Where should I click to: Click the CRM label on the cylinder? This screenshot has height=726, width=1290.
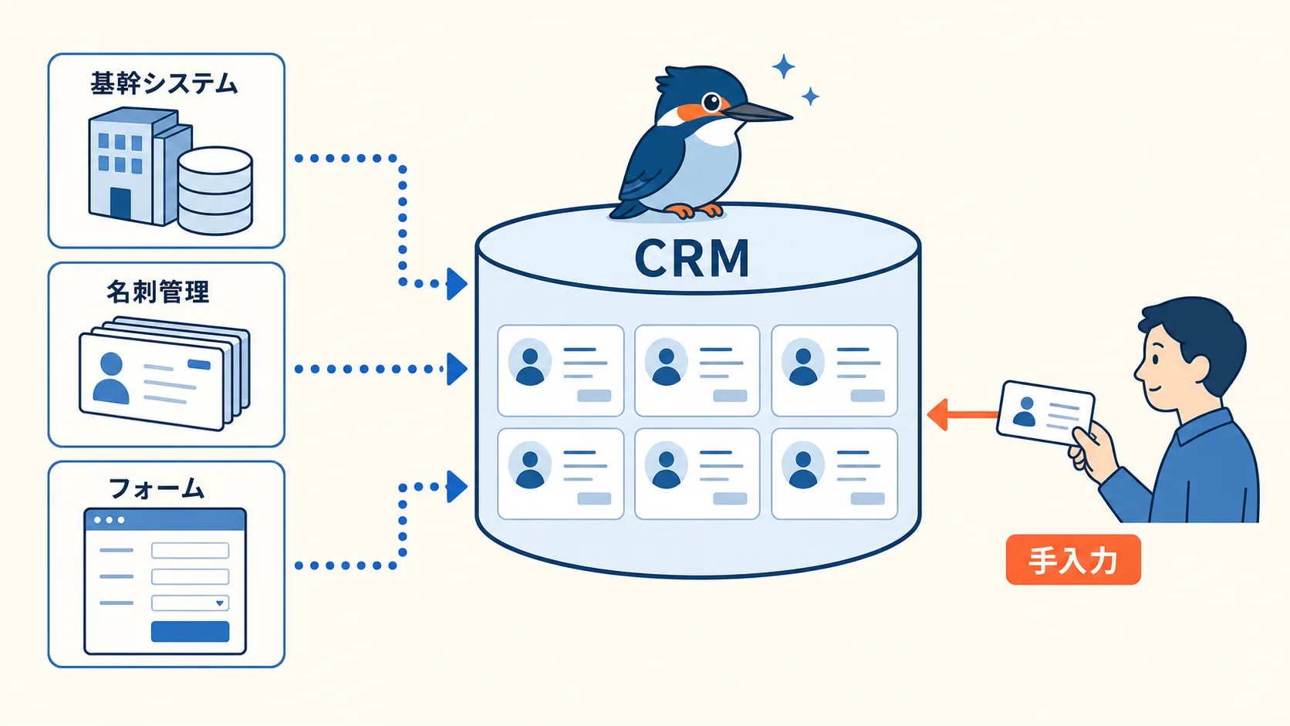(x=691, y=258)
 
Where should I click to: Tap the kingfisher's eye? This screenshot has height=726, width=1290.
(x=712, y=103)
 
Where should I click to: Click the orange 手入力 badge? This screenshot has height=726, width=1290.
(x=1073, y=559)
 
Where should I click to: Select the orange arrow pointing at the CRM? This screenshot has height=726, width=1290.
(x=962, y=414)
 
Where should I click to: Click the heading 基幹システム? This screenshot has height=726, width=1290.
(x=164, y=83)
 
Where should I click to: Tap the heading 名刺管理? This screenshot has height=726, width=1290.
(x=158, y=292)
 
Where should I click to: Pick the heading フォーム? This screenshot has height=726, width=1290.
(x=157, y=488)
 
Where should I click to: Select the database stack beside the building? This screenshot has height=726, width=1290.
(x=214, y=191)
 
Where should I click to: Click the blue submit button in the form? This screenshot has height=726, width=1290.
(x=190, y=632)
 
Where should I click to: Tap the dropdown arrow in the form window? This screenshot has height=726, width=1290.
(x=219, y=603)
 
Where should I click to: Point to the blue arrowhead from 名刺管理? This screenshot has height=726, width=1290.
(x=457, y=369)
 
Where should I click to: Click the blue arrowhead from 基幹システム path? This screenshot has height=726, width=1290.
(x=457, y=284)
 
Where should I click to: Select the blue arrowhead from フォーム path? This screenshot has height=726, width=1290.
(x=457, y=487)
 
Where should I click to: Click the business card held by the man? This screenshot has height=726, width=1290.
(x=1045, y=413)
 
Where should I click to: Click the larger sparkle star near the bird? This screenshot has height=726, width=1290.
(x=783, y=66)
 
